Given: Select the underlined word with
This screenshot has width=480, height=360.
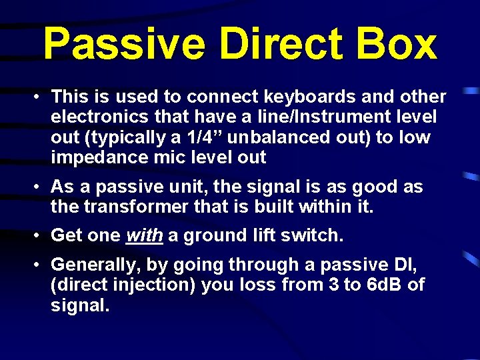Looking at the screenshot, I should point(141,236).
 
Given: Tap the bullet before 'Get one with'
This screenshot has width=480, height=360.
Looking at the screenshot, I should point(40,236).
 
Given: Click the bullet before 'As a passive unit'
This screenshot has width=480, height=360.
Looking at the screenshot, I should point(40,187).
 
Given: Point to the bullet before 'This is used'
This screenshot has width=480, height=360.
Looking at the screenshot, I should point(40,97).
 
